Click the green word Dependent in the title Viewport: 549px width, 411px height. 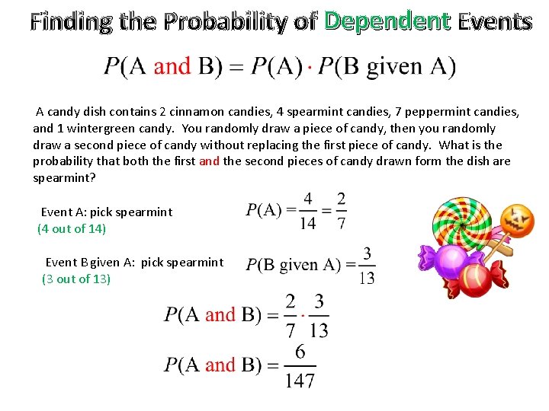pyautogui.click(x=387, y=21)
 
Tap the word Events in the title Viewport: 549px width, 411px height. pyautogui.click(x=495, y=21)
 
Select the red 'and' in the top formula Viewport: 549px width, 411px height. pyautogui.click(x=172, y=66)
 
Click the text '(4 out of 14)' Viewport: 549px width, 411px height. pyautogui.click(x=72, y=228)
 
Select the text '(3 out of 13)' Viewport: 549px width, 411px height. pyautogui.click(x=76, y=279)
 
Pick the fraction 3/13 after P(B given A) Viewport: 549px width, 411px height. pyautogui.click(x=367, y=265)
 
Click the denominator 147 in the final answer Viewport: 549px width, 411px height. pyautogui.click(x=300, y=380)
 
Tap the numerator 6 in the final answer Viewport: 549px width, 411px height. pyautogui.click(x=300, y=352)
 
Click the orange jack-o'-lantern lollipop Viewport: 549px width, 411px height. pyautogui.click(x=521, y=220)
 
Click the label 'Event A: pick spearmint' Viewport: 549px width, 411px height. pyautogui.click(x=107, y=212)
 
